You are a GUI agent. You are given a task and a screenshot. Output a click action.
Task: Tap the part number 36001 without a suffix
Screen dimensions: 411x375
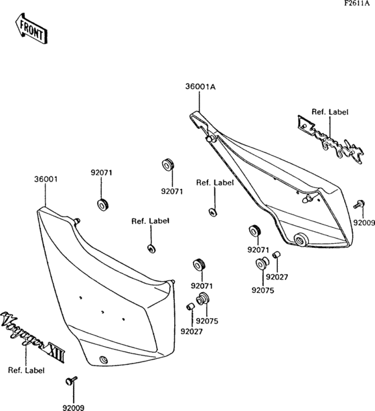tap(46, 178)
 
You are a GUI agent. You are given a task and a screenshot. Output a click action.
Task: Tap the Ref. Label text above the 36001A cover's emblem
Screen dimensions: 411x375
tap(329, 112)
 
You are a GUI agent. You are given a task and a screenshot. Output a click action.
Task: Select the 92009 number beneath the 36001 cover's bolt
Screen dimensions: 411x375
tap(74, 404)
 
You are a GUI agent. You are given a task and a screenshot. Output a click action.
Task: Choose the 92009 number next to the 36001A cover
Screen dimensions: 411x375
tap(364, 222)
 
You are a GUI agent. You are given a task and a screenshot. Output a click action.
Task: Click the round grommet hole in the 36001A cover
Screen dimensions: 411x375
tap(299, 239)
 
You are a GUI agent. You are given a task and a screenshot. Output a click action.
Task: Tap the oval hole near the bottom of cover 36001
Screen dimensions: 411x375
tap(103, 360)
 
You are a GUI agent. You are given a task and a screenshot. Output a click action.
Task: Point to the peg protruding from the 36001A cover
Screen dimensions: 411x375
tap(307, 198)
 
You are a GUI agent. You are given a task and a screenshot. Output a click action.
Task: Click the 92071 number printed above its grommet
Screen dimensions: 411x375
tap(102, 172)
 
